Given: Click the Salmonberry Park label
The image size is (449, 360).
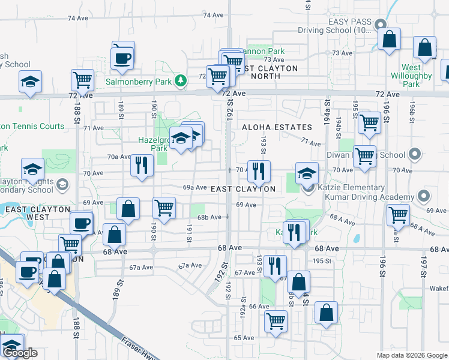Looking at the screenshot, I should pyautogui.click(x=140, y=82).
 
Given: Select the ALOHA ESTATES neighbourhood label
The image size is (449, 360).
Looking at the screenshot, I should pyautogui.click(x=277, y=127).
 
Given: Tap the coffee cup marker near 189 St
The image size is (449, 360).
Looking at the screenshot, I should pyautogui.click(x=122, y=58).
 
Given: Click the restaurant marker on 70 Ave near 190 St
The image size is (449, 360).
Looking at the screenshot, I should pyautogui.click(x=141, y=165).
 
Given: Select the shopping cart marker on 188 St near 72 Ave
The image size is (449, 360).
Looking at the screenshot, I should pyautogui.click(x=82, y=79).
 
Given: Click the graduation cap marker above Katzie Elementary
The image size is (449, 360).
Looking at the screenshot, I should pyautogui.click(x=307, y=173).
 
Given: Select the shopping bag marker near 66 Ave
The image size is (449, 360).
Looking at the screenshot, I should pyautogui.click(x=326, y=312).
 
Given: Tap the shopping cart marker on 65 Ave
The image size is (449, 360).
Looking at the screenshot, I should pyautogui.click(x=276, y=320).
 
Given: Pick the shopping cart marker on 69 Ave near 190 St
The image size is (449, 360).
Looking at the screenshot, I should pyautogui.click(x=164, y=208).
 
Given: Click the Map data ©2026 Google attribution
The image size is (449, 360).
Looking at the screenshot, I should pyautogui.click(x=411, y=355).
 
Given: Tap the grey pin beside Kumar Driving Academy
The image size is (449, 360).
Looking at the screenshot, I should pyautogui.click(x=423, y=196).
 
